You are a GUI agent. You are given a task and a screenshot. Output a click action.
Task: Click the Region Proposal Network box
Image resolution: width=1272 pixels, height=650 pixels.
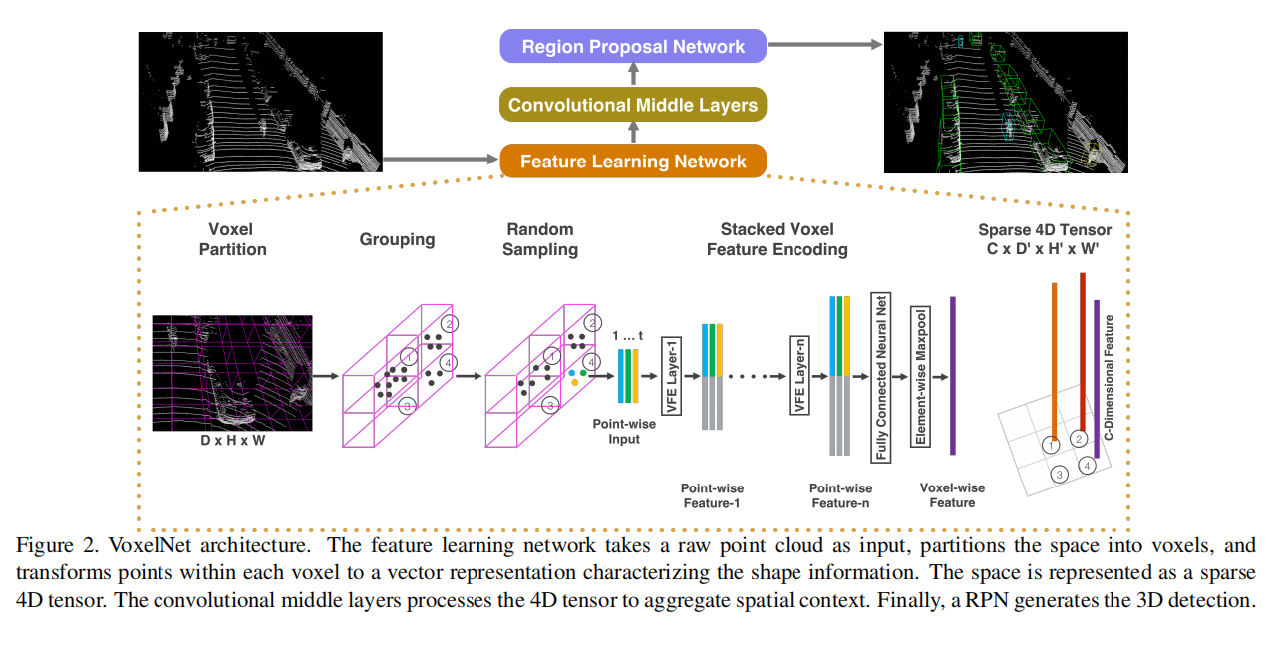(x=633, y=47)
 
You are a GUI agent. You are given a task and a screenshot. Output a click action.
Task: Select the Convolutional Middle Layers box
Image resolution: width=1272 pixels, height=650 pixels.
(x=633, y=105)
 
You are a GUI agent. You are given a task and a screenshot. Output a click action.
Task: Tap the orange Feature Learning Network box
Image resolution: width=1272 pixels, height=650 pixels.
(x=633, y=162)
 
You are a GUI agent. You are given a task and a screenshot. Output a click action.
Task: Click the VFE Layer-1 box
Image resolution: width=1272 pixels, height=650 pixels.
(x=671, y=377)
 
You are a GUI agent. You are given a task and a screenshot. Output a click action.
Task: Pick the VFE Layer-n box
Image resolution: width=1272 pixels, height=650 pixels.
(x=799, y=377)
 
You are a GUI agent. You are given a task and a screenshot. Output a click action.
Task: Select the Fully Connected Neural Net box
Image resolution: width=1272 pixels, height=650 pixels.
(x=881, y=377)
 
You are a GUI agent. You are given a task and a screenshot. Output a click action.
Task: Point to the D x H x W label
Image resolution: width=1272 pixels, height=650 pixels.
(x=231, y=440)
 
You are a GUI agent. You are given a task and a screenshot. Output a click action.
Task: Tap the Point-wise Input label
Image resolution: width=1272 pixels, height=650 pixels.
(x=624, y=432)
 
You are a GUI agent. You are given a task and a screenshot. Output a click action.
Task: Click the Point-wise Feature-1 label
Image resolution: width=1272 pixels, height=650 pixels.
(x=712, y=495)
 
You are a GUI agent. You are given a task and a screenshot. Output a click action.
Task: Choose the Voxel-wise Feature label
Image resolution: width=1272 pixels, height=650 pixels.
(x=952, y=495)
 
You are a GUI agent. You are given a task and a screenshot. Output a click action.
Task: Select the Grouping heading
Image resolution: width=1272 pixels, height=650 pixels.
(x=397, y=239)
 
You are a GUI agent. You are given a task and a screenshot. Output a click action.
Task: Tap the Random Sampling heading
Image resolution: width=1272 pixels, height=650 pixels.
(x=539, y=239)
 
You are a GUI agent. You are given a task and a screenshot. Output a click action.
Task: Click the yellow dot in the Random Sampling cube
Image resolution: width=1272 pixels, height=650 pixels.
(x=574, y=382)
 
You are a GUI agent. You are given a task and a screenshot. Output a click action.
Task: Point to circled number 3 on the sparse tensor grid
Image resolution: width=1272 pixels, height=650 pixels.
(x=1060, y=476)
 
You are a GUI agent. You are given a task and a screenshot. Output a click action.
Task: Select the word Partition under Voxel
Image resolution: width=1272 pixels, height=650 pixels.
(x=231, y=249)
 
